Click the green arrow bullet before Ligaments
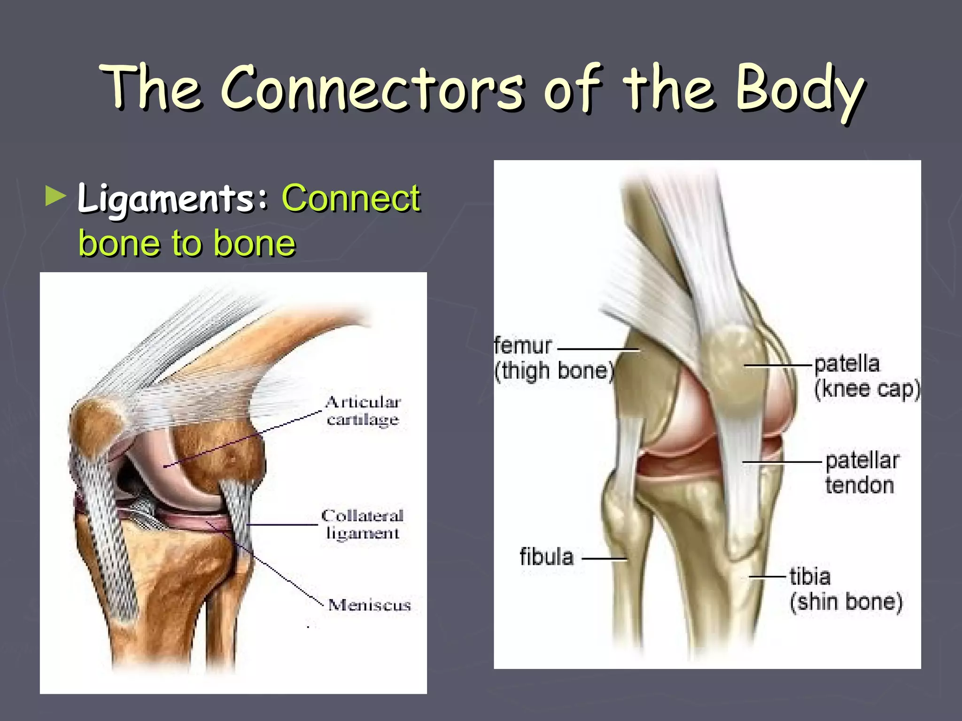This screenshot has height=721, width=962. click(56, 197)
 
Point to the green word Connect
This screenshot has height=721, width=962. click(350, 198)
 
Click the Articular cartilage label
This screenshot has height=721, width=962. click(363, 410)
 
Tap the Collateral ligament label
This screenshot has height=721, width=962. click(362, 524)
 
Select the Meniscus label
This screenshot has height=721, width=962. click(369, 605)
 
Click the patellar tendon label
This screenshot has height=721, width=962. click(861, 473)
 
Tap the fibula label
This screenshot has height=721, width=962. click(546, 557)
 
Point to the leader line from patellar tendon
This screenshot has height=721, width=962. click(782, 462)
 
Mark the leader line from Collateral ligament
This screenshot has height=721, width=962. click(282, 524)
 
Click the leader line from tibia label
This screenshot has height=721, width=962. click(768, 576)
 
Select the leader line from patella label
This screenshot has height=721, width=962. click(777, 365)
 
